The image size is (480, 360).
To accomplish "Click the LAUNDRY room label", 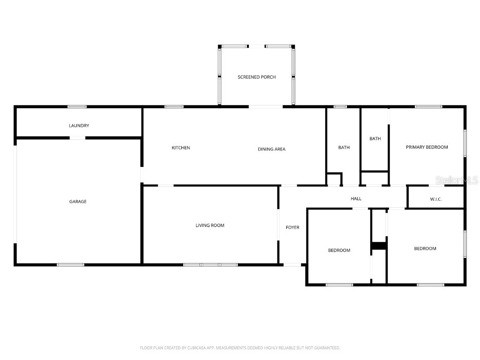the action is [79, 126].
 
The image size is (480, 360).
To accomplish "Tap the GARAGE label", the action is [78, 202].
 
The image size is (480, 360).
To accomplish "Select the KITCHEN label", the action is [181, 148].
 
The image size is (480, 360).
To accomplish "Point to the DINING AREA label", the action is [271, 149].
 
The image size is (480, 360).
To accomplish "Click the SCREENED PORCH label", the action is [257, 77].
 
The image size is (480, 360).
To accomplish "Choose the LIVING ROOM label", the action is [210, 225].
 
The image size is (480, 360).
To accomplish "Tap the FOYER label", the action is [292, 227].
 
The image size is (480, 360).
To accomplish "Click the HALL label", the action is [356, 199].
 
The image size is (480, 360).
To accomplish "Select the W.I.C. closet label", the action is [436, 199].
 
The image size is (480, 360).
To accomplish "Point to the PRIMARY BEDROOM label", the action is [427, 147].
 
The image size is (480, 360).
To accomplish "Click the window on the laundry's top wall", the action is [77, 107].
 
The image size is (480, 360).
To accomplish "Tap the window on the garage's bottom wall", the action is [70, 265].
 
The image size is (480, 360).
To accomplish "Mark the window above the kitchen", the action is [174, 107].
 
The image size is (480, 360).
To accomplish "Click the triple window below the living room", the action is [210, 265].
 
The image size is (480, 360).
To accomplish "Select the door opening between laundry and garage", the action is [77, 138].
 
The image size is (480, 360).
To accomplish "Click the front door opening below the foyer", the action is [292, 265].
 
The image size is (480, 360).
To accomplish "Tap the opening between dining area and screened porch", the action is [265, 107].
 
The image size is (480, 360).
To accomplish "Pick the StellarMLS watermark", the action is [457, 180].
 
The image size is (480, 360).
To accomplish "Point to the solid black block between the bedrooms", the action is [379, 246].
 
